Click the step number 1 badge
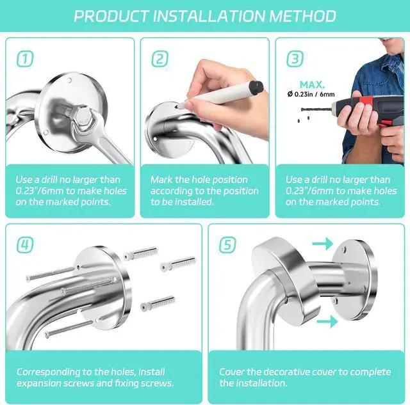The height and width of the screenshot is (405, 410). [24, 60]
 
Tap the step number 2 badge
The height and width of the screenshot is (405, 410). [160, 60]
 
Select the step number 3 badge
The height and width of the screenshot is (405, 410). [294, 60]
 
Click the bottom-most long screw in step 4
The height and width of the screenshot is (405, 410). [61, 320]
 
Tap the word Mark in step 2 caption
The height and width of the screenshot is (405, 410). [161, 180]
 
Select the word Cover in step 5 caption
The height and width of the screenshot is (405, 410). [233, 371]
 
